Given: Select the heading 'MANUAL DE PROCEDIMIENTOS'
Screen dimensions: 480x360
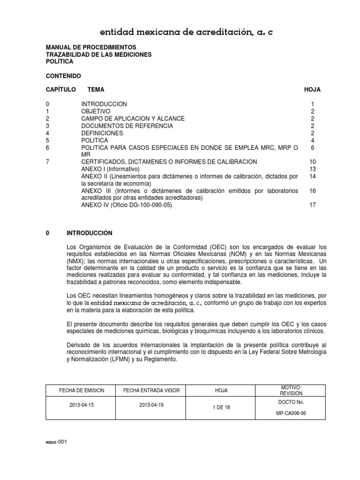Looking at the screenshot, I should pos(91,47).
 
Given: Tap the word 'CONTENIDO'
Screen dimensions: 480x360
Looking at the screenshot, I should pos(63,75).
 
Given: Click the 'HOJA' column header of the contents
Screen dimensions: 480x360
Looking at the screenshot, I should pos(313,90).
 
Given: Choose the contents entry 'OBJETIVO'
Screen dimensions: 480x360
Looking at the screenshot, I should pos(96,111).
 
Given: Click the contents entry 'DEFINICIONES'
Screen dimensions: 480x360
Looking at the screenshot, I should pos(102,133).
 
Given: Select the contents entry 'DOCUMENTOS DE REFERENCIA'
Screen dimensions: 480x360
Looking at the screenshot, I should pos(127,126).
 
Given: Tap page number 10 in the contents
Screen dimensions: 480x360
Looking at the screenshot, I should pos(313,162).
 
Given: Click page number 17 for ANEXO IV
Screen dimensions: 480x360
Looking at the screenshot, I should pos(313,205).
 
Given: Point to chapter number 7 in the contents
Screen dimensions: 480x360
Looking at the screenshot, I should pos(47,162).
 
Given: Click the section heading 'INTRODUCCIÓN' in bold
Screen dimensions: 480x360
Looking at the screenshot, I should pos(90,233).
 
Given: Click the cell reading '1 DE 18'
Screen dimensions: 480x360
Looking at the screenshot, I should pos(221,408).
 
